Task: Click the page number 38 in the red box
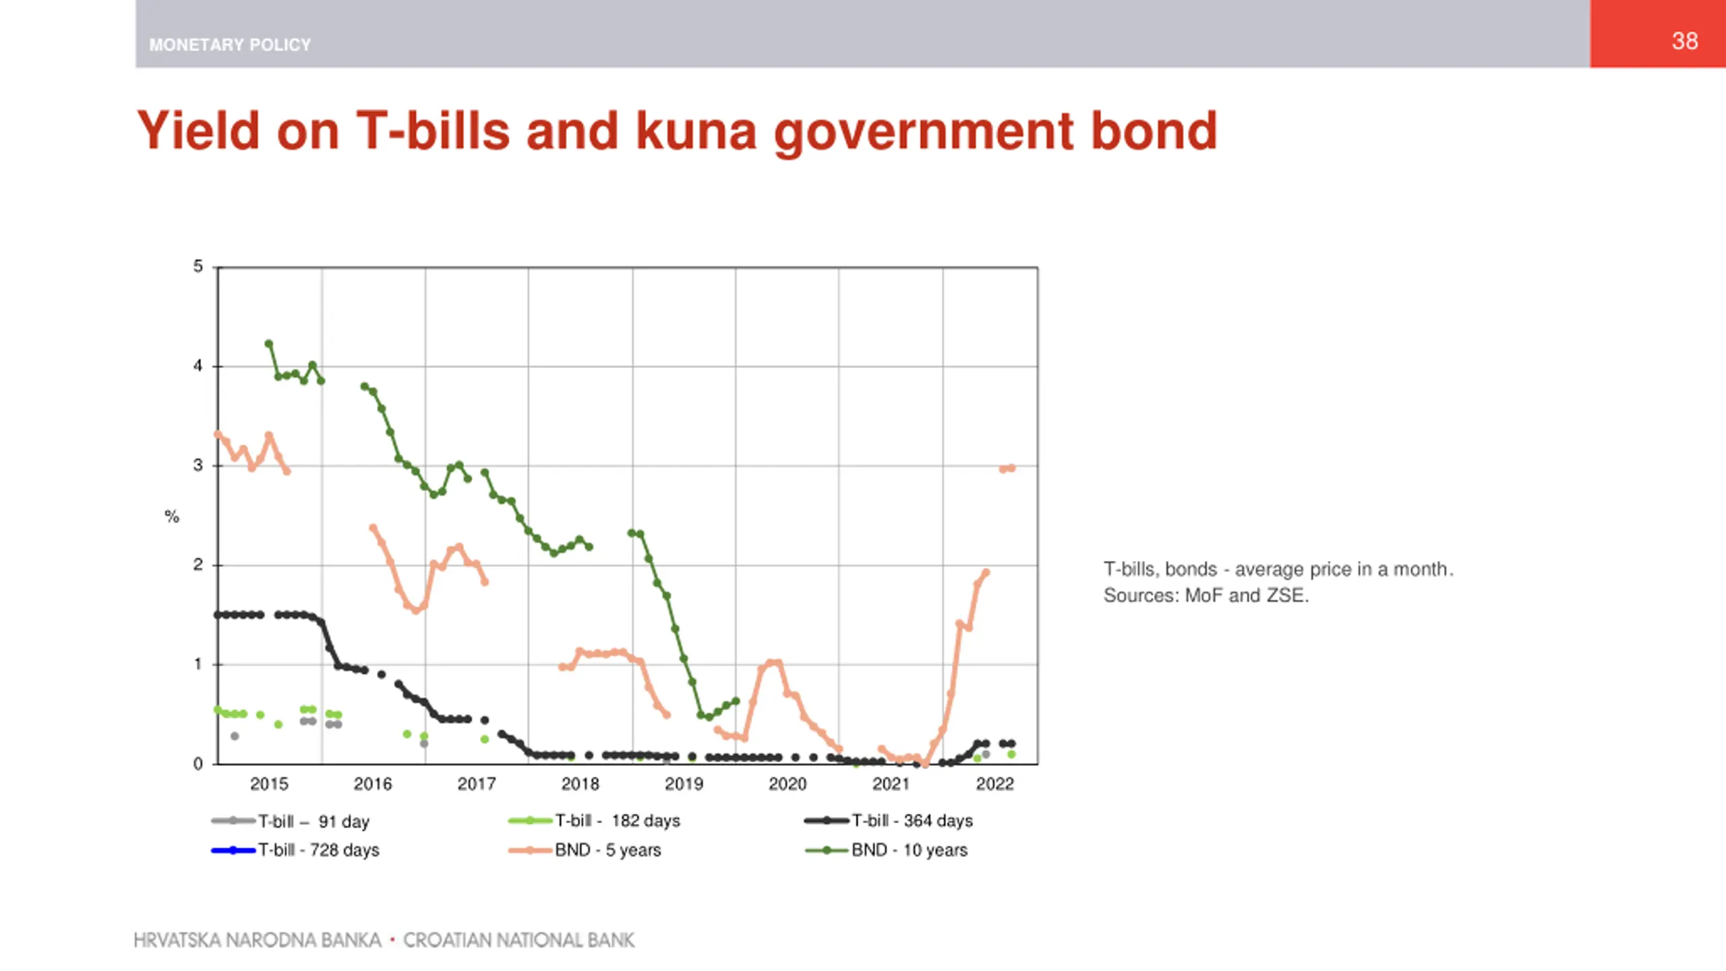point(1684,41)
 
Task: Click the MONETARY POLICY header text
point(230,45)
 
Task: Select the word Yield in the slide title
point(198,131)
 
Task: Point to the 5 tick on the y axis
point(198,267)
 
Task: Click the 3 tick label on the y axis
point(198,465)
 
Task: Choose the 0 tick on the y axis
point(198,764)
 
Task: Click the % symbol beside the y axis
point(172,517)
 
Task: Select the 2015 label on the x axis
point(269,784)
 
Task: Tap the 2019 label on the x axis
point(684,784)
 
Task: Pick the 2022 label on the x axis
point(994,784)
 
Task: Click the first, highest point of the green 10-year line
point(269,344)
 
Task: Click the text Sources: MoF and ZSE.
point(1206,595)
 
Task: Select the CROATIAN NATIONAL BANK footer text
point(518,940)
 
